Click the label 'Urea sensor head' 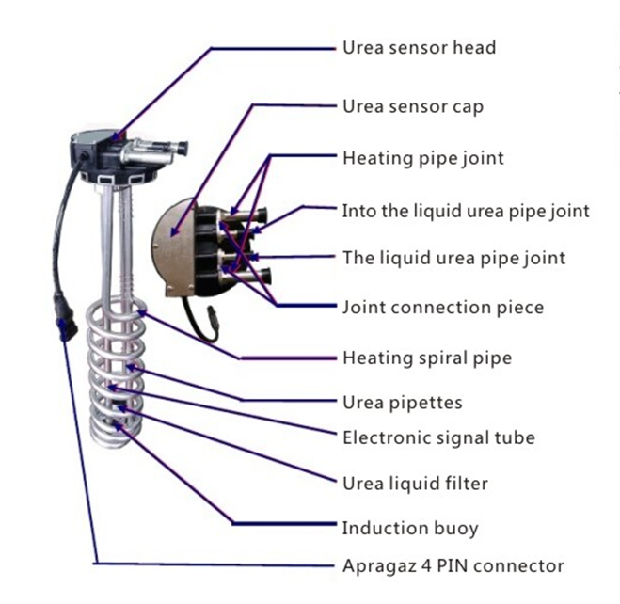point(418,47)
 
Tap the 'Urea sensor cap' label point(412,105)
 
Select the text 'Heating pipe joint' point(422,157)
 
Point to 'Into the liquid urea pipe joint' point(466,210)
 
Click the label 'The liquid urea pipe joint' point(453,257)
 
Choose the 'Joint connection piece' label point(442,307)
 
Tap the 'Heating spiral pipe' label point(426,358)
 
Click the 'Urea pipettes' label point(402,403)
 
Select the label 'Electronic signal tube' point(438,437)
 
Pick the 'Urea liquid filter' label point(415,484)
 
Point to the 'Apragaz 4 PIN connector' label point(453,565)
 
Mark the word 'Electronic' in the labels point(383,437)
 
